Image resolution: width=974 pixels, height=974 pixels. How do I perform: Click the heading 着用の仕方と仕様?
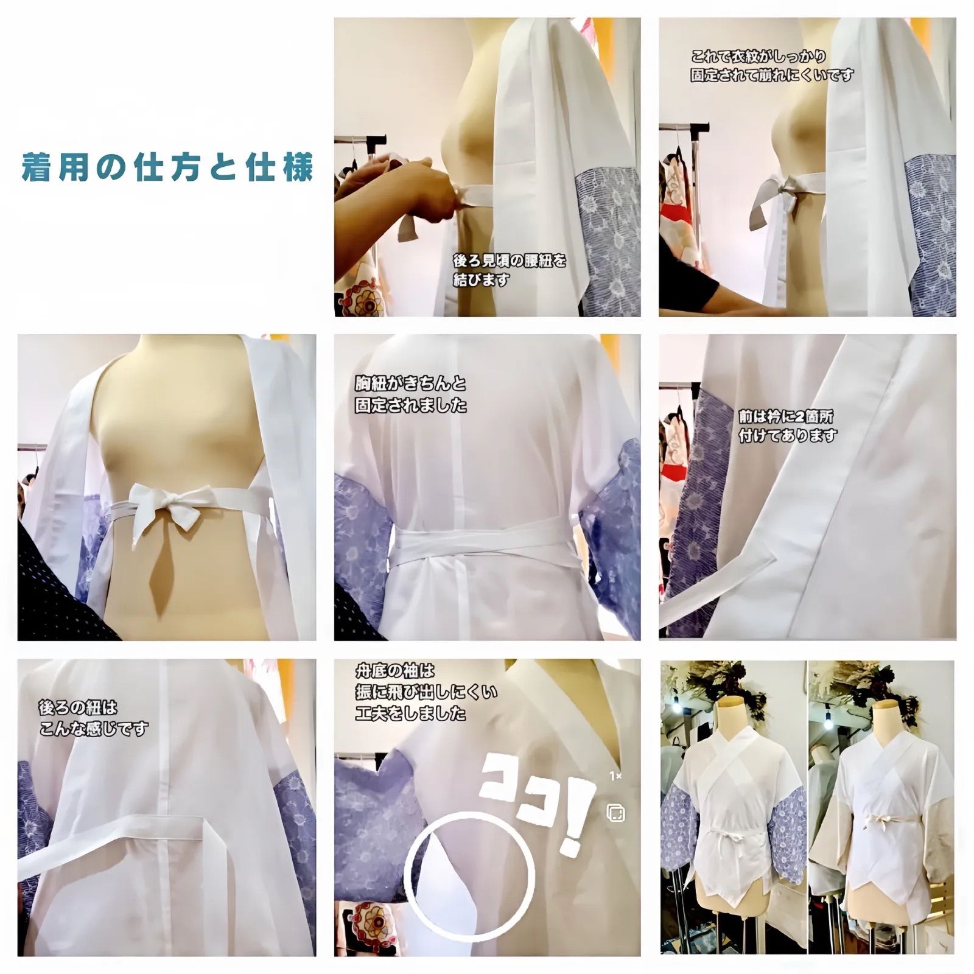(x=167, y=167)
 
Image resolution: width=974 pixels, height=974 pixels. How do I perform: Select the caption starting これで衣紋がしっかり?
(x=772, y=66)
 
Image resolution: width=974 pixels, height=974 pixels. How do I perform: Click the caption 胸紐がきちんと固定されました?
(x=411, y=394)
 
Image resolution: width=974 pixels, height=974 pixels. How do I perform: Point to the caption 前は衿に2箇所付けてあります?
(x=788, y=426)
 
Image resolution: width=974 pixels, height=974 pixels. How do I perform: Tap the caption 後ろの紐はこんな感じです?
(x=93, y=718)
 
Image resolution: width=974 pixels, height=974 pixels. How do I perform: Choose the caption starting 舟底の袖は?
(x=426, y=692)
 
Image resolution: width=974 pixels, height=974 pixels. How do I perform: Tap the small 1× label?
(x=615, y=776)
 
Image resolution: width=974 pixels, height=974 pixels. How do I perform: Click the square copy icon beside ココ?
(x=615, y=812)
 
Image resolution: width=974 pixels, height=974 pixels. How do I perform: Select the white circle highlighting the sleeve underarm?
(x=469, y=876)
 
